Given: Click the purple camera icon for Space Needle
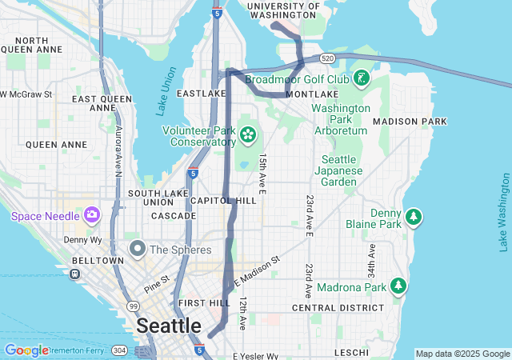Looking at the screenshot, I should tap(91, 214).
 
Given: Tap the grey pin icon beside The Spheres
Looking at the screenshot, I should tap(137, 249).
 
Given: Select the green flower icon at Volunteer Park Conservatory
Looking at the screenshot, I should tap(248, 134).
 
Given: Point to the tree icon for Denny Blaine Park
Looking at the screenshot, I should tap(413, 217).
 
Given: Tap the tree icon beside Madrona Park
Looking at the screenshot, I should tap(398, 286).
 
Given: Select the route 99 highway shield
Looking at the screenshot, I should tap(132, 306).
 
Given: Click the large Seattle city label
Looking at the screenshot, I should tap(169, 326).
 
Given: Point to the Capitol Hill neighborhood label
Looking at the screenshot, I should tap(223, 200).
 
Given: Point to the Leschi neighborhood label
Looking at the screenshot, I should tap(352, 352).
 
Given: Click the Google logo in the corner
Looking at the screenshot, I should tap(26, 350).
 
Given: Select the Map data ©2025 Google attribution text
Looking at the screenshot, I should tap(462, 354).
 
